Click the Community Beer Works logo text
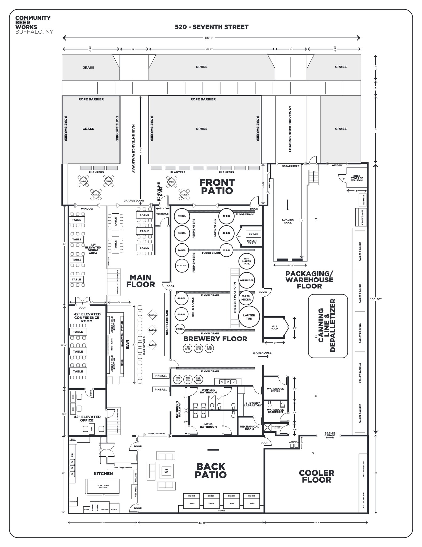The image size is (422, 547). [33, 22]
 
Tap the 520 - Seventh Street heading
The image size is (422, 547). [212, 27]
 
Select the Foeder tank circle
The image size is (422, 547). [182, 265]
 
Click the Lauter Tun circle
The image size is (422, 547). [249, 317]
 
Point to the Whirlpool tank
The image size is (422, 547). [247, 280]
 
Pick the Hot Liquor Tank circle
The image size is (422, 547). [247, 261]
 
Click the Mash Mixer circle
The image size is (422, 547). [246, 298]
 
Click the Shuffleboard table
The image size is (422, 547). [167, 324]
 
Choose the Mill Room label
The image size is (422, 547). [274, 327]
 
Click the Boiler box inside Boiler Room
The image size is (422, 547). [253, 234]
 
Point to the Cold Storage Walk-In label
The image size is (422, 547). [357, 178]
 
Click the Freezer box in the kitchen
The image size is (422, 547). [73, 502]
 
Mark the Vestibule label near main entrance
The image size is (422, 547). [162, 214]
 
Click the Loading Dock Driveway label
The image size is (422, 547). [290, 129]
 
